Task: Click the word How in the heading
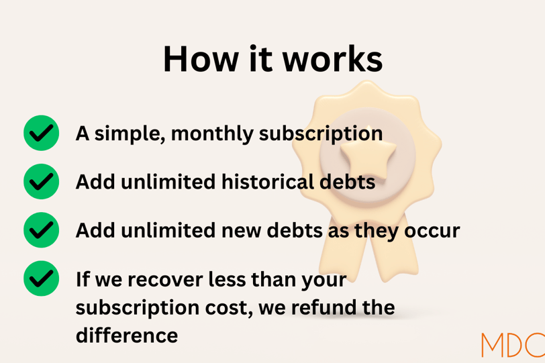201,59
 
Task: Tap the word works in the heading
332,59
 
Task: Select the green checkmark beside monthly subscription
42,133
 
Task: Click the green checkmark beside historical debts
42,182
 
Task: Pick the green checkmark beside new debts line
42,230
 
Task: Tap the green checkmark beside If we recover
42,278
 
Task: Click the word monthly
212,134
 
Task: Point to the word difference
127,335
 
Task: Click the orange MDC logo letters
513,345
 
